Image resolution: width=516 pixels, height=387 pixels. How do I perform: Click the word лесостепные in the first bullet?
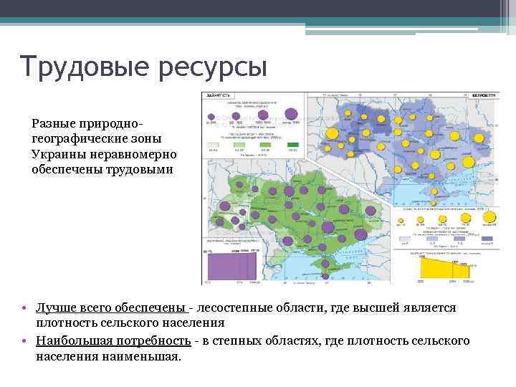(239, 307)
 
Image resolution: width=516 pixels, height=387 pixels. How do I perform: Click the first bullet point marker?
(24, 308)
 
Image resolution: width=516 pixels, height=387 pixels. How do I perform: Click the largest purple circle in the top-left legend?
(291, 113)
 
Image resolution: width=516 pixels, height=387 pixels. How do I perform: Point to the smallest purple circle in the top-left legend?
(211, 116)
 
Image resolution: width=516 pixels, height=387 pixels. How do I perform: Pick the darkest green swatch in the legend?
(292, 145)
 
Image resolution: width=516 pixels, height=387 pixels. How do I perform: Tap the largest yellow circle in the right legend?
(490, 216)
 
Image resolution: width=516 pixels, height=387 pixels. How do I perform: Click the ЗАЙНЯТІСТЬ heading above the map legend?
(219, 95)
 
